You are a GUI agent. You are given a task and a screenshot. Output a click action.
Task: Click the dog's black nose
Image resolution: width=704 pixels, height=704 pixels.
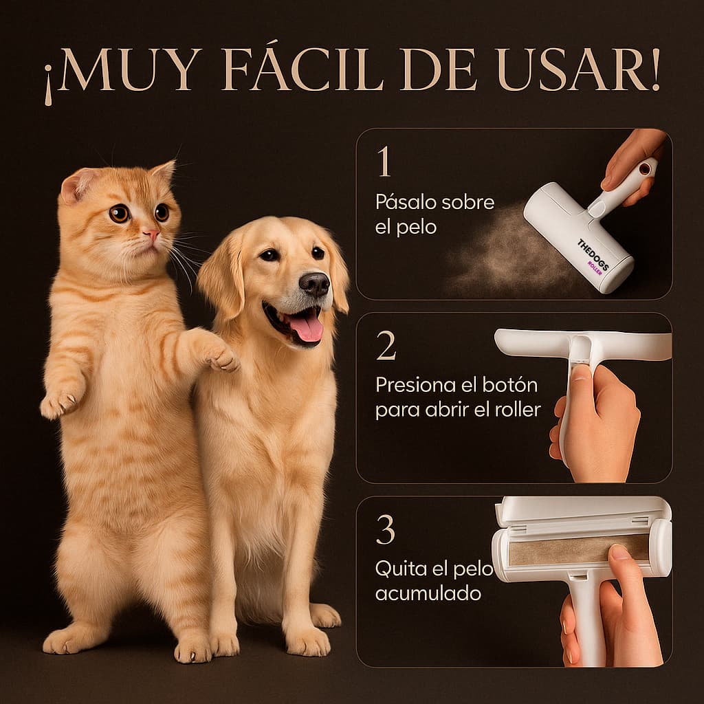click(314, 283)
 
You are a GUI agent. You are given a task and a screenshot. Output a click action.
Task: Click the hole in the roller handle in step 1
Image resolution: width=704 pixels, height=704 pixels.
click(644, 168)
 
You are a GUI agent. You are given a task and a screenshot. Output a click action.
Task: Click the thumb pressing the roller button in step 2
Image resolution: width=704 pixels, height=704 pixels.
click(582, 375)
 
